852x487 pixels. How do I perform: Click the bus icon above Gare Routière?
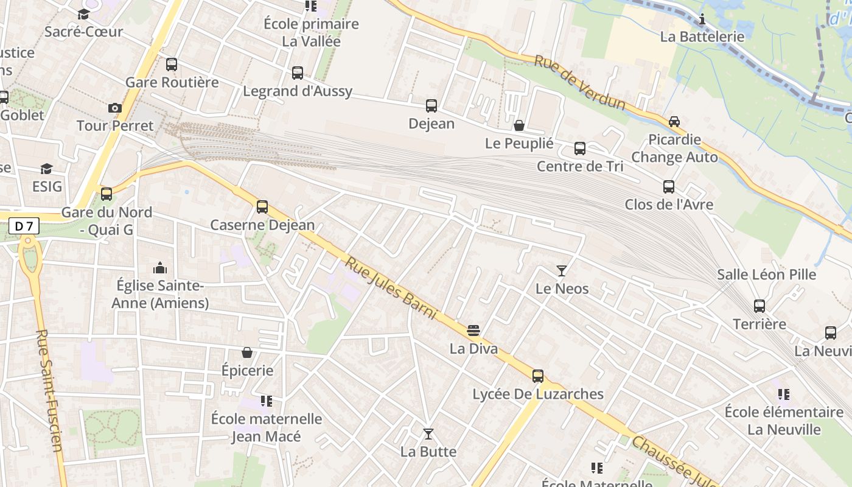coord(172,65)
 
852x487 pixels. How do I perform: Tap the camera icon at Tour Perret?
coord(114,108)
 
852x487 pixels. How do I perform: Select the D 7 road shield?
coord(24,226)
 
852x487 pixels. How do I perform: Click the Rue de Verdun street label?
coord(579,83)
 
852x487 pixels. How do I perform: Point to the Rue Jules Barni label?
coord(391,288)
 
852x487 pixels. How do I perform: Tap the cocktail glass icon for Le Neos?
coord(562,271)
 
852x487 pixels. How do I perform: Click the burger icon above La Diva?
coord(473,331)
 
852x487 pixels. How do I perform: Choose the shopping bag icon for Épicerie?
coord(247,352)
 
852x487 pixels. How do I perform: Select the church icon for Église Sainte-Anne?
coord(160,268)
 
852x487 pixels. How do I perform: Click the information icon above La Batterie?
coord(702,19)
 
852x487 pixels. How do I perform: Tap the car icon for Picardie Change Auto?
coord(674,122)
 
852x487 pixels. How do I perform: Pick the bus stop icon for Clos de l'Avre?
coord(669,187)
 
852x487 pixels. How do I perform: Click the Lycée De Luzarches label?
coord(538,394)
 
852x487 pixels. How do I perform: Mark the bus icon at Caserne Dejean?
coord(262,207)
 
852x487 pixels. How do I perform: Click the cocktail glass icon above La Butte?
coord(428,434)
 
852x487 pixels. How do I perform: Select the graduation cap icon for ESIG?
coord(47,169)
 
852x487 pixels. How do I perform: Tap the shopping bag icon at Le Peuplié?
coord(519,126)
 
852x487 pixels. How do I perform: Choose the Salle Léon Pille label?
coord(766,275)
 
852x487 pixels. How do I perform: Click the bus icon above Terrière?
coord(759,306)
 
